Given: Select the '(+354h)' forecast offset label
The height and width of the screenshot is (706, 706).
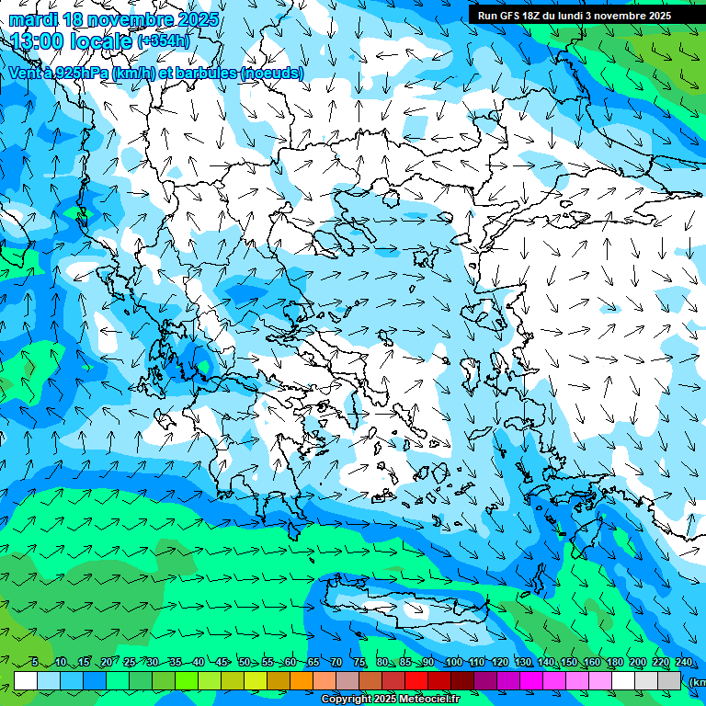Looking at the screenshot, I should pos(163,41).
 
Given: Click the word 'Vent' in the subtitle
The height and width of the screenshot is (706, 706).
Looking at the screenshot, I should pos(26,73).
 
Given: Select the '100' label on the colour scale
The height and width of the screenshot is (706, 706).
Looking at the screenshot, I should pos(453,663).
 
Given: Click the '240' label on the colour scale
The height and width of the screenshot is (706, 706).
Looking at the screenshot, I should pos(683,663).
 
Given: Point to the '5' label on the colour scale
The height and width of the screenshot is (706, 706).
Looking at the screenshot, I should pos(34,663).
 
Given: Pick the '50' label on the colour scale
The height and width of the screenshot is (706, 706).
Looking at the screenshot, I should pos(244,663).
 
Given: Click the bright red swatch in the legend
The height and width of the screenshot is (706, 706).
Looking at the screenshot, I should pos(416,681).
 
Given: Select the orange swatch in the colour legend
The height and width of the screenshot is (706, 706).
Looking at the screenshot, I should pos(302,681).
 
